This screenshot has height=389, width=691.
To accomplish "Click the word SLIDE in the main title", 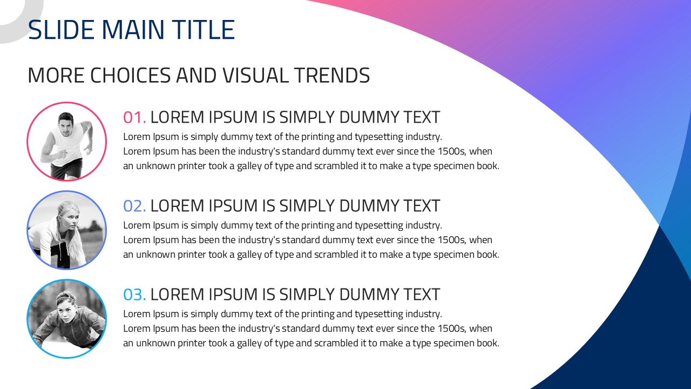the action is tap(61, 30).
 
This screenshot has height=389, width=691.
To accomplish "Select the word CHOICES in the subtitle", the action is tap(130, 75).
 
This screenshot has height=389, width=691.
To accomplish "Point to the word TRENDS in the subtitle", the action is tap(332, 75).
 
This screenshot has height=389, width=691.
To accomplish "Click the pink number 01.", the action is tap(134, 117).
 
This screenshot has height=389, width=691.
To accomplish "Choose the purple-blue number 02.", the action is tap(134, 206).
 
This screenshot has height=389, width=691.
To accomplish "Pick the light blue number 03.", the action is tap(134, 294).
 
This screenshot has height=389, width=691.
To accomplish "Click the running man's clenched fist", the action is tap(64, 153).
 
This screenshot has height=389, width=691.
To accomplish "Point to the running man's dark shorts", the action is tap(66, 167).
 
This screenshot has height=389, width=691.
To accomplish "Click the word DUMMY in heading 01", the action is tap(368, 117).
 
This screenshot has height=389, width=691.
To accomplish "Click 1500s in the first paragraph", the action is tap(452, 151).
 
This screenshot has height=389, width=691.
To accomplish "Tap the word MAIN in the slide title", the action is tap(133, 30).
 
